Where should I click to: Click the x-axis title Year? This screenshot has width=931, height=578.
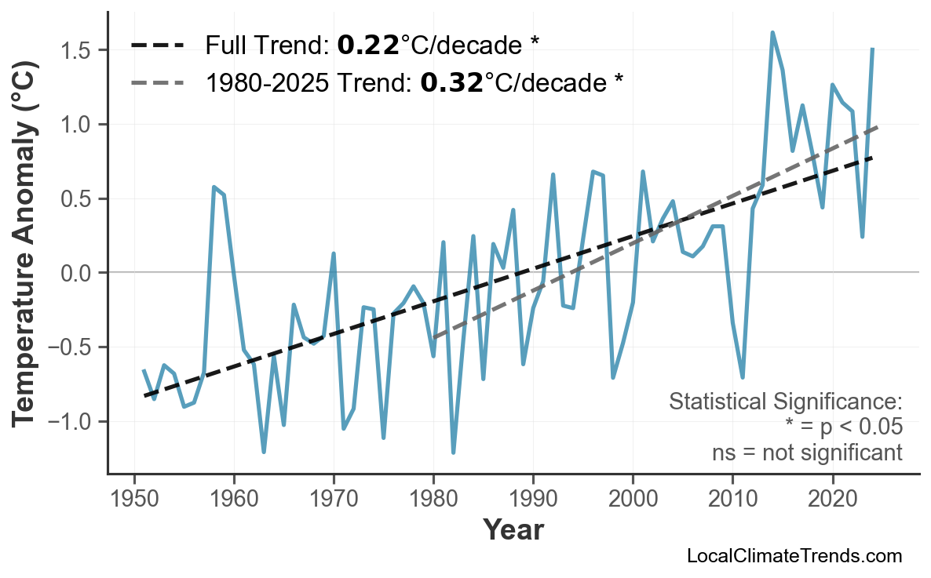click(x=513, y=530)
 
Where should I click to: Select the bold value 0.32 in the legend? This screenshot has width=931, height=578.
click(x=451, y=82)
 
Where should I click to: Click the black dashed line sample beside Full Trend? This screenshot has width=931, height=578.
click(x=157, y=45)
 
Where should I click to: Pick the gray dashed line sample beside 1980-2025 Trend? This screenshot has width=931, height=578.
click(x=157, y=82)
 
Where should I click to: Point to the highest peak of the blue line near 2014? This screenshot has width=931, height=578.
click(x=772, y=33)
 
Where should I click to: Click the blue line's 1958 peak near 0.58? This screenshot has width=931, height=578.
click(x=214, y=187)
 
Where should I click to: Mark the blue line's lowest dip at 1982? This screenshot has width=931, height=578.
click(x=454, y=453)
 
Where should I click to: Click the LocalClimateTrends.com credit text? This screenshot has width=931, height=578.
click(x=794, y=556)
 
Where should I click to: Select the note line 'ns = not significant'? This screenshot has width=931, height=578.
click(x=807, y=453)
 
